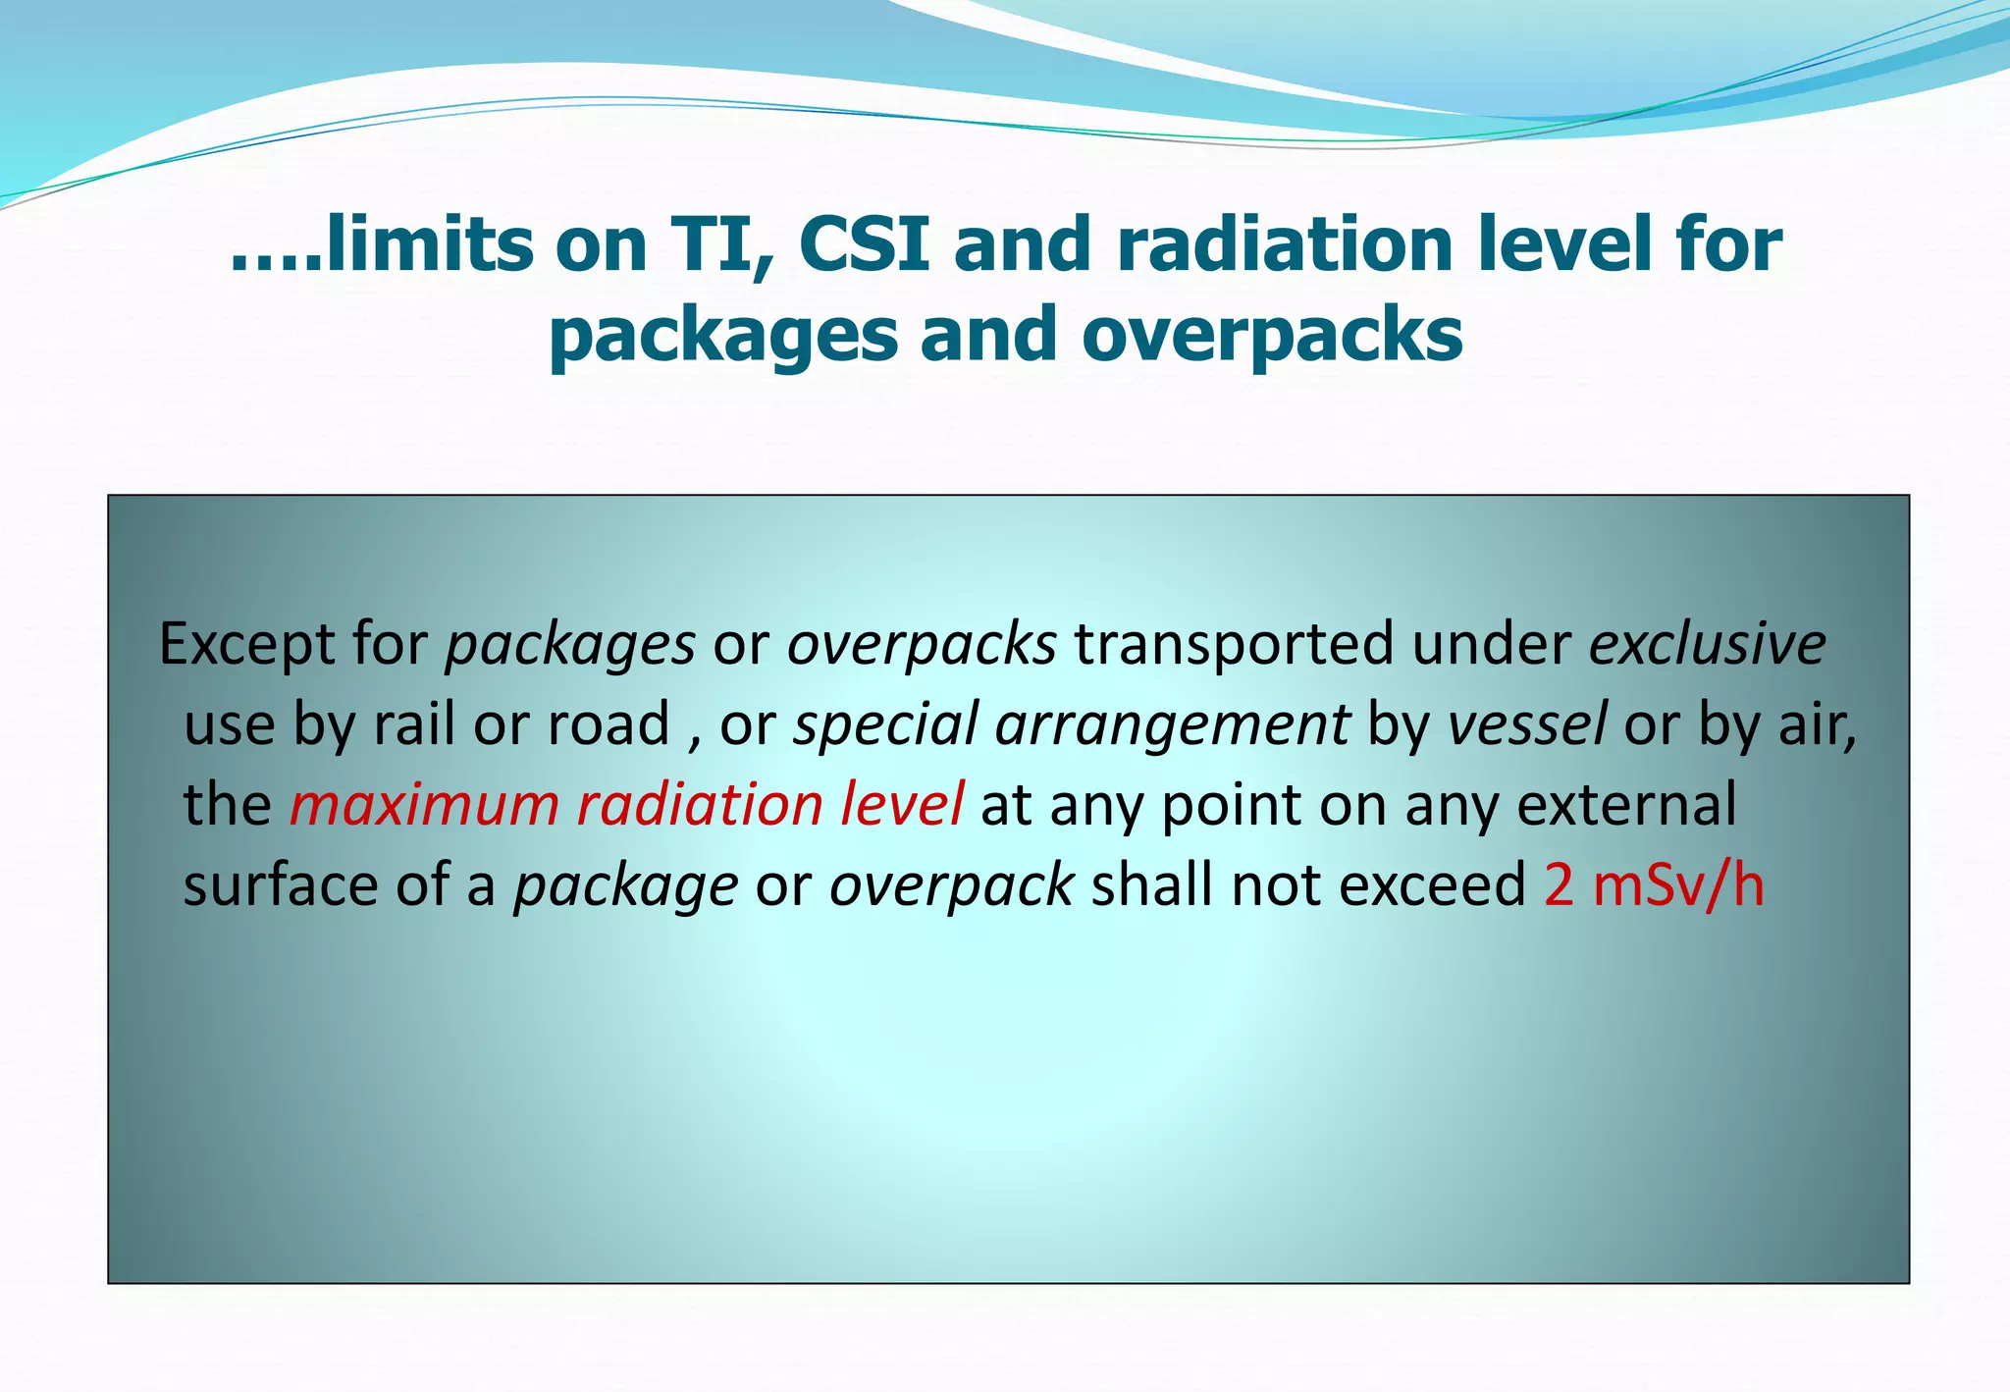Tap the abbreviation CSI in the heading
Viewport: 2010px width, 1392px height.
point(864,244)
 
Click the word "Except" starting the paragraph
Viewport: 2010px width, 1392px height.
point(244,645)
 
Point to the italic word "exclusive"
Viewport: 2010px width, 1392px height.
point(1707,645)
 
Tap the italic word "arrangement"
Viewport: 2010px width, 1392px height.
point(1172,725)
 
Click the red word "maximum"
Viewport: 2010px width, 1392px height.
point(424,805)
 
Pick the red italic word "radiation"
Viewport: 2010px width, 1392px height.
point(700,805)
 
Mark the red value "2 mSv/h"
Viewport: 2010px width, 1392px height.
point(1654,885)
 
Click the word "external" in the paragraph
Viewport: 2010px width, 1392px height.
point(1626,805)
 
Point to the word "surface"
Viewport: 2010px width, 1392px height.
point(281,885)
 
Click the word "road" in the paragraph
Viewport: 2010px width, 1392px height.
point(608,725)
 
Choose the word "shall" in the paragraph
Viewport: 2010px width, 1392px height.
point(1152,885)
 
